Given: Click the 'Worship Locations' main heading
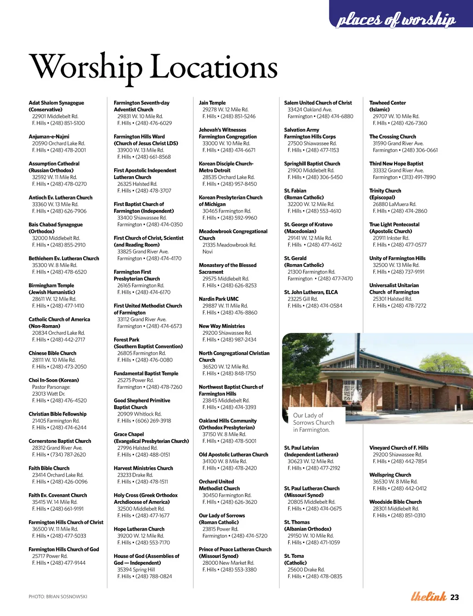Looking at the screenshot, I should (153, 67).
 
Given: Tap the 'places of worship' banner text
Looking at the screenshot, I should (396, 19).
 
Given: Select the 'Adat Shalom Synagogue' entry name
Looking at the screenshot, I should (56, 103).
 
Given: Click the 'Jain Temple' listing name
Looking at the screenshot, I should (212, 103).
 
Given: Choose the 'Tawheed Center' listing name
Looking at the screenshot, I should (387, 103).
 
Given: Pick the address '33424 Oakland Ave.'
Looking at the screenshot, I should (309, 110).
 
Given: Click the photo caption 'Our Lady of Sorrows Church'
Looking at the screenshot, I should (313, 422).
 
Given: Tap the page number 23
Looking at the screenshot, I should (455, 597).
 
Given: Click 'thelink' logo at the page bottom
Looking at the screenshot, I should (428, 597).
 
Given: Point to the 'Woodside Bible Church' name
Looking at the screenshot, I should (395, 502).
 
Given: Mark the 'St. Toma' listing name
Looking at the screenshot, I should (294, 556).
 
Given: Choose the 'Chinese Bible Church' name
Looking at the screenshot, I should (52, 353).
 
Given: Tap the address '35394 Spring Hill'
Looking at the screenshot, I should (136, 570).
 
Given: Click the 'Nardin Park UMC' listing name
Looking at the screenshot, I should (218, 299).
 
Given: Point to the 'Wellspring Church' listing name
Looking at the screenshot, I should (390, 475).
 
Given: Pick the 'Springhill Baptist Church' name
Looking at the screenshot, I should (312, 164).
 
